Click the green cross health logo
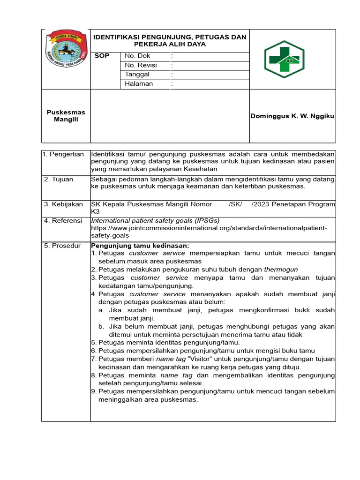coord(284,59)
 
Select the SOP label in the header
coord(102,56)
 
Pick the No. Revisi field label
coord(141,65)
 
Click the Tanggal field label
coord(137,75)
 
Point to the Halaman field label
coord(139,84)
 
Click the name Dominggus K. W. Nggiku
coord(292,116)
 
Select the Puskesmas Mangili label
coord(66,116)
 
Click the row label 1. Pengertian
coord(63,154)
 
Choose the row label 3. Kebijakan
coord(63,204)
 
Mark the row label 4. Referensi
coord(63,220)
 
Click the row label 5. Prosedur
coord(62,246)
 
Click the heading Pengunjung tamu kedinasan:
coord(140,246)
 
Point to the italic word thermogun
coord(281,269)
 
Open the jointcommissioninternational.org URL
coord(209,228)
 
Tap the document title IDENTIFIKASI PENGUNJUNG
coord(170,37)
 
